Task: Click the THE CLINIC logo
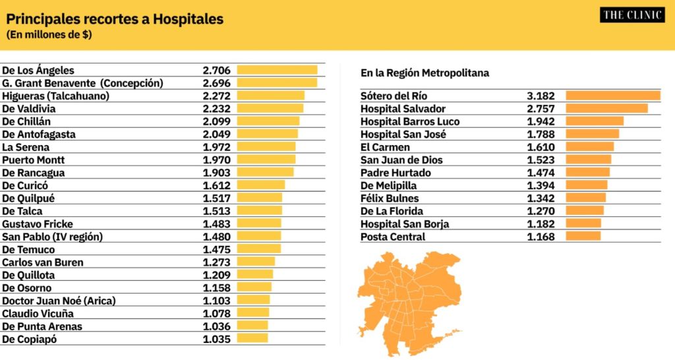pos(632,15)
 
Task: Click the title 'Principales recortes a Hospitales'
pos(115,19)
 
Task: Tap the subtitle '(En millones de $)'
pos(49,35)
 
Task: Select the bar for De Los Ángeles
pos(278,70)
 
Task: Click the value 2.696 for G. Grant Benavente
pos(216,83)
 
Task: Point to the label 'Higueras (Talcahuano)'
pos(55,96)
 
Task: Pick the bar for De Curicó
pos(261,185)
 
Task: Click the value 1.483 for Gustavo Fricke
pos(216,224)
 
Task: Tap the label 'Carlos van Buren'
pos(43,262)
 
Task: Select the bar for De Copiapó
pos(252,338)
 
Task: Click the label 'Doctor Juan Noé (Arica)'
pos(59,301)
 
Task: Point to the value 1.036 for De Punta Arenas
pos(216,326)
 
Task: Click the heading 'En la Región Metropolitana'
pos(425,73)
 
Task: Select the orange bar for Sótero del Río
pos(613,96)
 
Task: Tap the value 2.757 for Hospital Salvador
pos(541,109)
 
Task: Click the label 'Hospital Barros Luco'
pos(410,122)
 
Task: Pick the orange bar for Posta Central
pos(583,236)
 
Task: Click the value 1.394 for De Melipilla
pos(541,185)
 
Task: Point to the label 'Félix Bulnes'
pos(390,198)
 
